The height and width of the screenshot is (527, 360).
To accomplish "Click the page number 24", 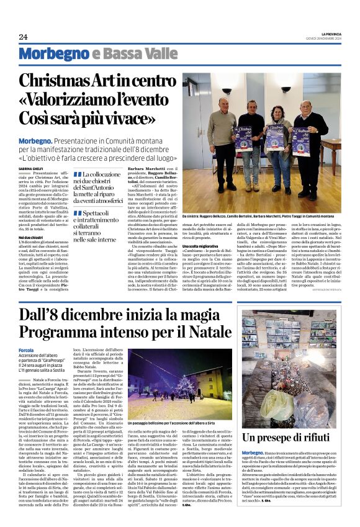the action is click(x=23, y=37).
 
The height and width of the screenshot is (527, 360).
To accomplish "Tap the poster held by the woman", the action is click(x=275, y=140).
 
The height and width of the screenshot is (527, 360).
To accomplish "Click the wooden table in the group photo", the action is click(x=344, y=149).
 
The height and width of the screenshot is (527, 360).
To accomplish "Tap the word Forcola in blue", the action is click(x=27, y=350).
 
